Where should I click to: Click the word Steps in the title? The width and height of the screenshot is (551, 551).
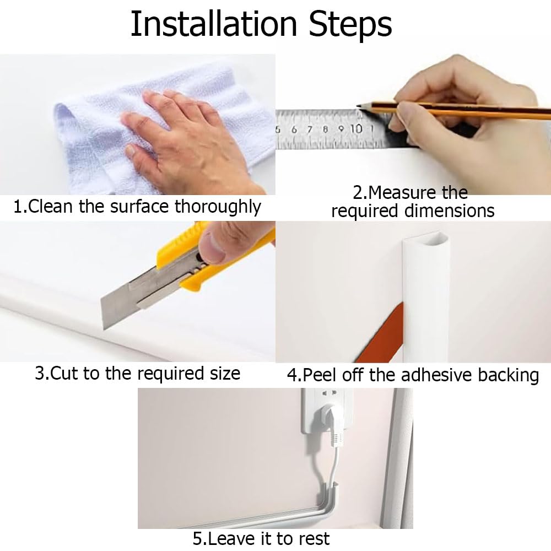click(350, 25)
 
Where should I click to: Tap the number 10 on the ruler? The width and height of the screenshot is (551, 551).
click(355, 129)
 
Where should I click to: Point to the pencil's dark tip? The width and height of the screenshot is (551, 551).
click(359, 105)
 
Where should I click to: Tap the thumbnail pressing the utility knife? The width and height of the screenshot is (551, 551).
click(214, 247)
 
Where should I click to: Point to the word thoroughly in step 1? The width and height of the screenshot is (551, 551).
click(218, 207)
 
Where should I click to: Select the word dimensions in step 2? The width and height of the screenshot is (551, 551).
click(450, 211)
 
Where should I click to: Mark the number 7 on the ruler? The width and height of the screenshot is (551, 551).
click(309, 129)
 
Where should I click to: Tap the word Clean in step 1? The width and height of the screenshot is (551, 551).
click(50, 206)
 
